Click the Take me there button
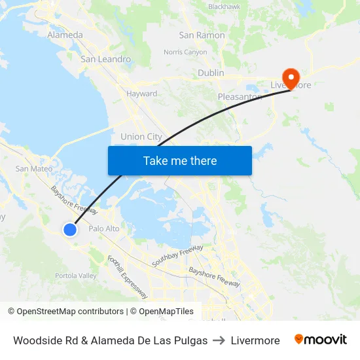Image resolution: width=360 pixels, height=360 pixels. pyautogui.click(x=179, y=160)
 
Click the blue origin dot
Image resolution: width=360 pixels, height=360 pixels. pyautogui.click(x=70, y=229)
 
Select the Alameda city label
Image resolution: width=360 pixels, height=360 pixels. pyautogui.click(x=65, y=35)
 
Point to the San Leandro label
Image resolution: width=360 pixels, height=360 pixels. pyautogui.click(x=105, y=59)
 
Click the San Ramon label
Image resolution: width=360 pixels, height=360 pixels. pyautogui.click(x=202, y=35)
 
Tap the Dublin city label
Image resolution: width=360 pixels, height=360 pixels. pyautogui.click(x=211, y=73)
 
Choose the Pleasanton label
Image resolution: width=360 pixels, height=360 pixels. pyautogui.click(x=240, y=97)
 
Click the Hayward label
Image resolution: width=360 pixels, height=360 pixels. pyautogui.click(x=141, y=94)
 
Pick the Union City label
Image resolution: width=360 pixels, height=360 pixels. pyautogui.click(x=141, y=137)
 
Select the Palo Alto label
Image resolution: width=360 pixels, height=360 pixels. pyautogui.click(x=103, y=228)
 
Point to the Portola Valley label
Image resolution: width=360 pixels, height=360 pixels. pyautogui.click(x=75, y=276)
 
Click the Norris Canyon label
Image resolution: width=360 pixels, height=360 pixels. pyautogui.click(x=185, y=52)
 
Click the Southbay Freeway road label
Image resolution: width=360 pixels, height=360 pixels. pyautogui.click(x=177, y=255)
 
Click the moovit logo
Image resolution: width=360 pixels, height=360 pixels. pyautogui.click(x=320, y=340)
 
